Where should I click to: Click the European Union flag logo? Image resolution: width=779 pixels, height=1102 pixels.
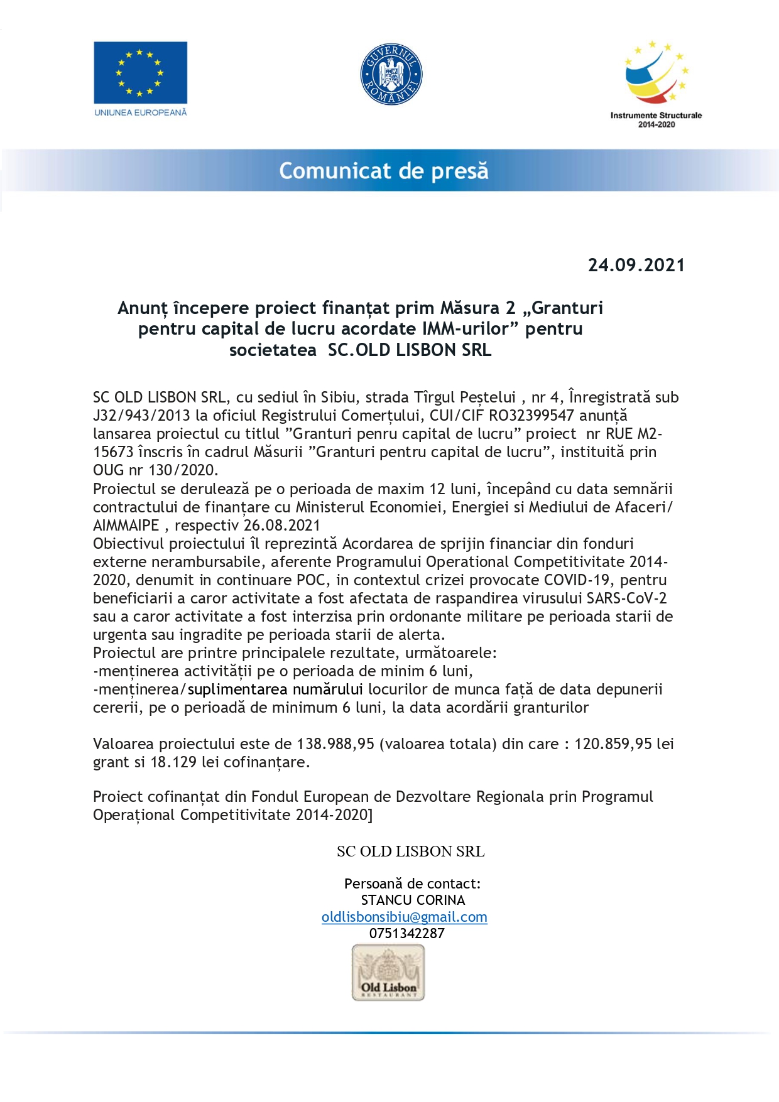click(x=140, y=72)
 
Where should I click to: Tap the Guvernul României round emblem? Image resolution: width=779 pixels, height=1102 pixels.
click(x=391, y=74)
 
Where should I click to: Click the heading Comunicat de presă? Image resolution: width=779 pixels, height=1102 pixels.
click(x=383, y=171)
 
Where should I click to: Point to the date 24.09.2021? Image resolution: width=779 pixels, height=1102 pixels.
click(x=636, y=265)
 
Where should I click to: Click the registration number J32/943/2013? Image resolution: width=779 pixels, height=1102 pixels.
click(x=141, y=416)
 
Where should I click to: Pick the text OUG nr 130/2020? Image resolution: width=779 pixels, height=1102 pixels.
click(x=155, y=470)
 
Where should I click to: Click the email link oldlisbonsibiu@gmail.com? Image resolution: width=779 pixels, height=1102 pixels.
click(x=404, y=917)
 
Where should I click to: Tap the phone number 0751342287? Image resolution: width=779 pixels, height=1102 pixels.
click(x=406, y=934)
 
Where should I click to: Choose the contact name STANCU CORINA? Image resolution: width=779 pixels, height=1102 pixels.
click(x=413, y=900)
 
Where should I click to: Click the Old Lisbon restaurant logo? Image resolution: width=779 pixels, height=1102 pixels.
click(x=388, y=973)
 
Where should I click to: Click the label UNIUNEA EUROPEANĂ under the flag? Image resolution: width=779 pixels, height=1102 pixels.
click(x=140, y=112)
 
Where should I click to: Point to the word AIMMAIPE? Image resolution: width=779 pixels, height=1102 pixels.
click(x=126, y=526)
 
